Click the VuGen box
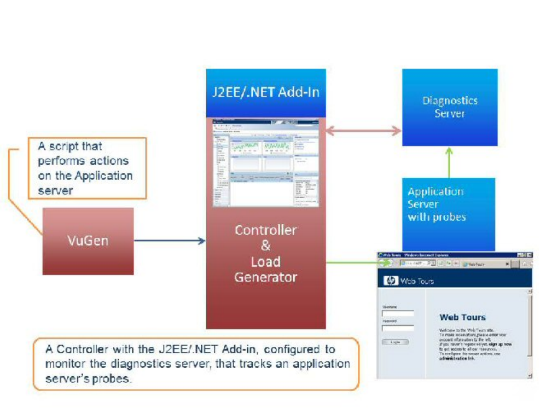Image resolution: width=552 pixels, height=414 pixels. tap(88, 241)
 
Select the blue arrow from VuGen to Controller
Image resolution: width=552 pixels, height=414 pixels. tap(169, 241)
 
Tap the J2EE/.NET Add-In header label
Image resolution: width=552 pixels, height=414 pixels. tap(265, 92)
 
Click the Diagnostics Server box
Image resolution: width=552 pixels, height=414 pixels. tap(450, 107)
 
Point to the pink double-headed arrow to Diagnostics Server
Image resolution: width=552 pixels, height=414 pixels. tap(363, 131)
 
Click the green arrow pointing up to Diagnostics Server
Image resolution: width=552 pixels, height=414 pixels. tap(449, 162)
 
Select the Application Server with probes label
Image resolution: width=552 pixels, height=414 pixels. tap(436, 205)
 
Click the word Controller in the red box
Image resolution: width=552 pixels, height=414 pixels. tap(265, 230)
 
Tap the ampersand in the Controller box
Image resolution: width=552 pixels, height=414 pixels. tap(265, 246)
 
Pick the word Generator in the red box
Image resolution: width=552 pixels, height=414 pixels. tap(265, 277)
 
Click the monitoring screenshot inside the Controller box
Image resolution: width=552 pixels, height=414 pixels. tap(265, 162)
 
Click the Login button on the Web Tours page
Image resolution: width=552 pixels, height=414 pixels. tap(395, 342)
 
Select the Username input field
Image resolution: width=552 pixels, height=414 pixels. tap(398, 314)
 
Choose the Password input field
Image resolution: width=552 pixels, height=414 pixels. tap(398, 328)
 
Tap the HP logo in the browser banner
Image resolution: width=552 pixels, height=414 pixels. tap(391, 281)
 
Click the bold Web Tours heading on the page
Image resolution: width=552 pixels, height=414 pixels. tap(462, 317)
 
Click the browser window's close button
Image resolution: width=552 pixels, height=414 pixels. tap(529, 255)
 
